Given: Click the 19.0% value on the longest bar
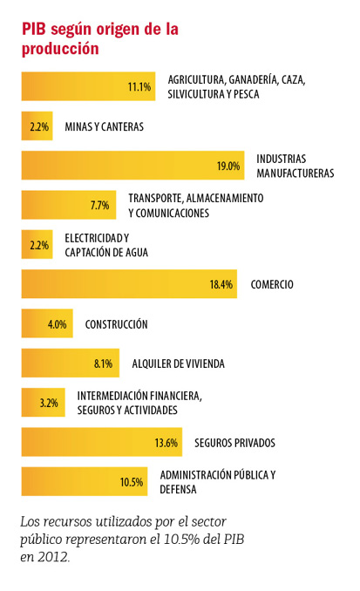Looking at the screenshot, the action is [228, 166].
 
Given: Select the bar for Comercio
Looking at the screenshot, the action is [129, 284].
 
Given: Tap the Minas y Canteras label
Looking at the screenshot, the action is [104, 126].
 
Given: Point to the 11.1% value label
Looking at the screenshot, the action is [139, 86].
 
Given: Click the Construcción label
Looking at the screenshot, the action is [116, 324].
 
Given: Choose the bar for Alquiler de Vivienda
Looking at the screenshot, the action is [70, 363].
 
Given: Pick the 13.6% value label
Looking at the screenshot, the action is [166, 443].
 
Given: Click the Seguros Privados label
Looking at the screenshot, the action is [234, 443].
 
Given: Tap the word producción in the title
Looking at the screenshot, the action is [60, 49].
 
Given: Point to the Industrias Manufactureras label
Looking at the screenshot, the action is [295, 166].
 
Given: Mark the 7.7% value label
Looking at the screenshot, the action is [99, 206].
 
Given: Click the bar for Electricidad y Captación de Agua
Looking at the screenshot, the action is [37, 244].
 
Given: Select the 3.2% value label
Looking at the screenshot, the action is [49, 403].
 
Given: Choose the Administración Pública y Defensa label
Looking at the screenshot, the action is [218, 482].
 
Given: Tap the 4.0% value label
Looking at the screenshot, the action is [57, 324].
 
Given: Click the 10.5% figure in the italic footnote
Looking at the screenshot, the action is [181, 540].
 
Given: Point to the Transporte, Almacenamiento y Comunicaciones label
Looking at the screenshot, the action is [195, 206].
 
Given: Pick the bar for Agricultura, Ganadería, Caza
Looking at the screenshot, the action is [88, 86].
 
